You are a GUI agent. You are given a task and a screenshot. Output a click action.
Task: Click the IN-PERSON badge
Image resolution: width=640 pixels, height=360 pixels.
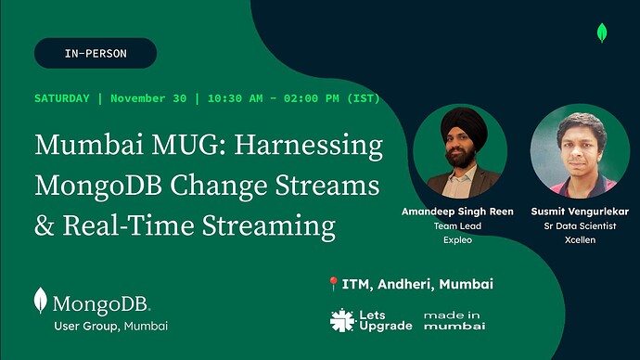[96, 53]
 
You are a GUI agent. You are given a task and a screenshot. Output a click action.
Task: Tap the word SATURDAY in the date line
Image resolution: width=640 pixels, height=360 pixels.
[62, 98]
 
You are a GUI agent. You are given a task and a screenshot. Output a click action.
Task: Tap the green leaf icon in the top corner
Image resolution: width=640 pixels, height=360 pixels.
[602, 33]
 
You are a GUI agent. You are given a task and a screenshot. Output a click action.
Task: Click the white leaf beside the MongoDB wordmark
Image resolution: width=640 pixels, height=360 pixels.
[41, 301]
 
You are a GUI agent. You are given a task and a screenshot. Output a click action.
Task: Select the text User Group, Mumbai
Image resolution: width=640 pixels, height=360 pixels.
[110, 327]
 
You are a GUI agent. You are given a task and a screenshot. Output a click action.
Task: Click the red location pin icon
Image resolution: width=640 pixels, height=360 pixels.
[334, 285]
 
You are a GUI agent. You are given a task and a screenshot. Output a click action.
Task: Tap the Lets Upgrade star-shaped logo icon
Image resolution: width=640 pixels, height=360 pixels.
[343, 321]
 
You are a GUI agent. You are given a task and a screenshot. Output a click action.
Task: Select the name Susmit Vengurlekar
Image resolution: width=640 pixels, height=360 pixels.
[580, 212]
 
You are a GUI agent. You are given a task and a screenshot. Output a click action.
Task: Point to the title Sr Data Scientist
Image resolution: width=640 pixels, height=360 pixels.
[580, 225]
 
